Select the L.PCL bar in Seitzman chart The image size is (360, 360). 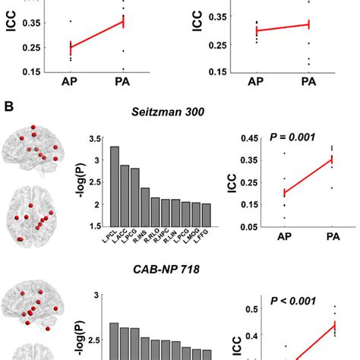click(115, 185)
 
